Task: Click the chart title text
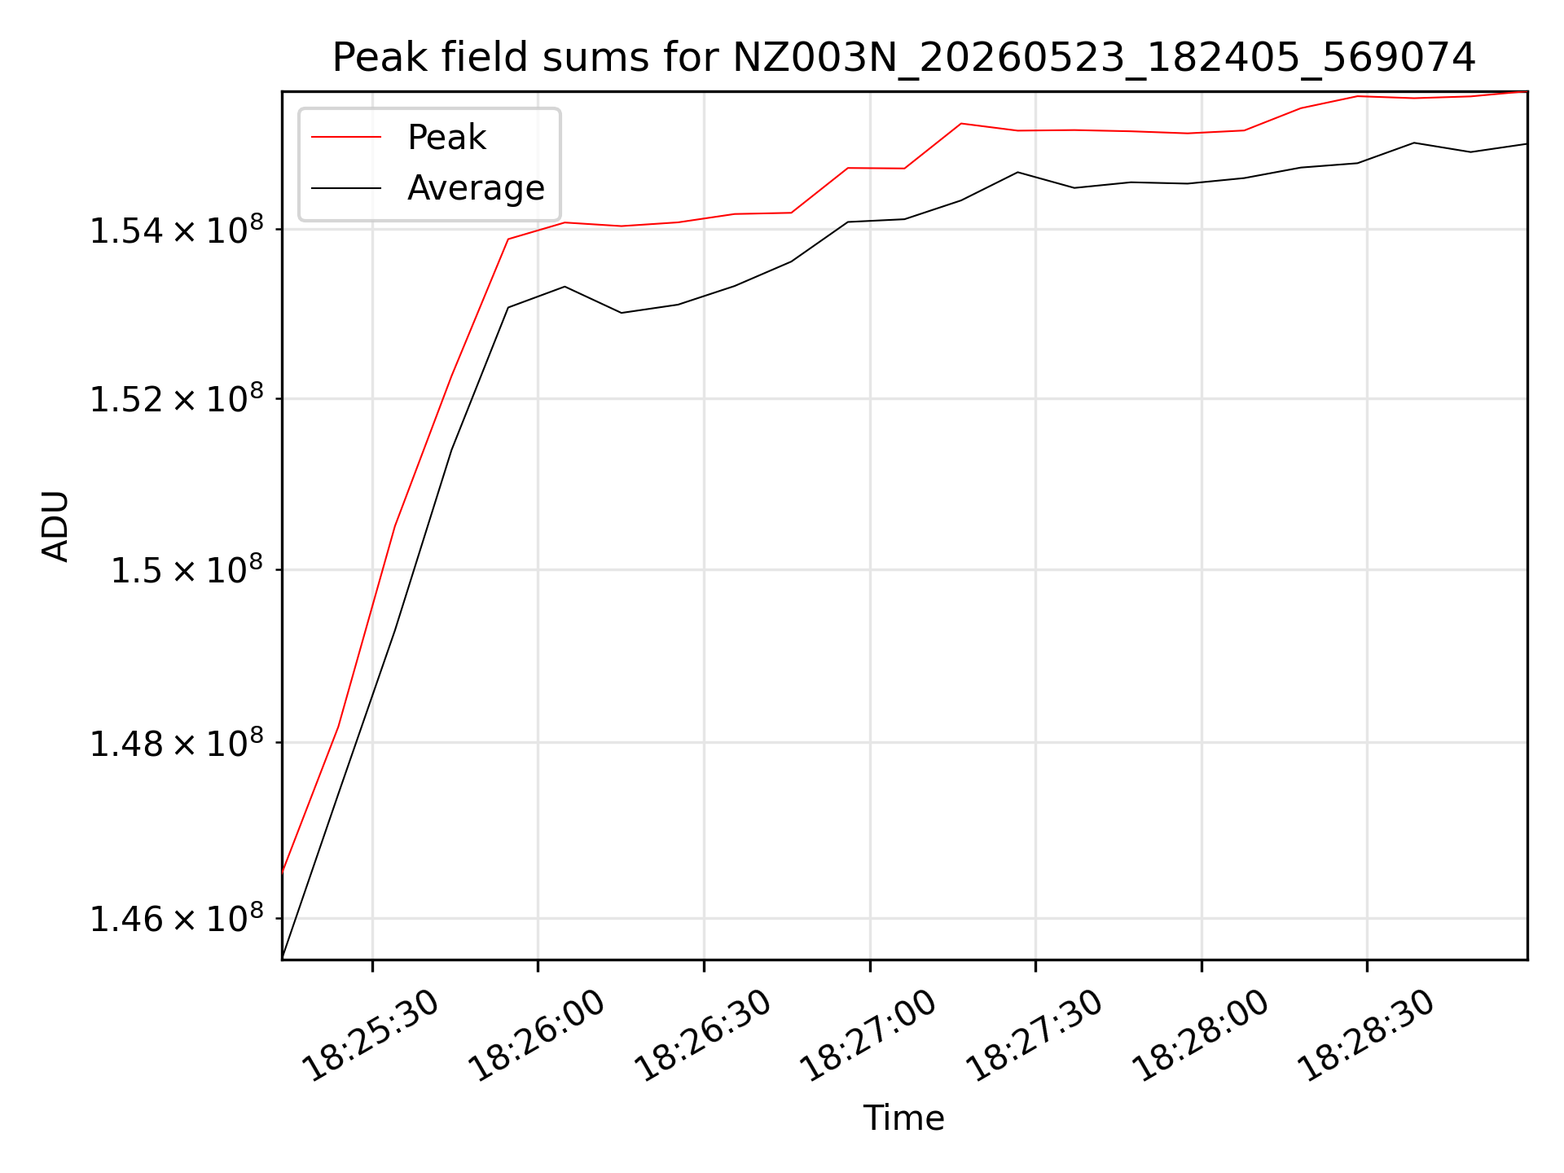(903, 58)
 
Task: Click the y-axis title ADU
(55, 526)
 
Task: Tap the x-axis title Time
(903, 1118)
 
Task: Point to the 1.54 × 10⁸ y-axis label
(177, 230)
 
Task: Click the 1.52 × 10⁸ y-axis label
(177, 399)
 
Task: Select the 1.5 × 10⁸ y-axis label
(187, 570)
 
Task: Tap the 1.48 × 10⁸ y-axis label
(177, 743)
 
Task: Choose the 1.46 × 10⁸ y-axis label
(177, 919)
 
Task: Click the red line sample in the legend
(346, 137)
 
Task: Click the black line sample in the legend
(346, 188)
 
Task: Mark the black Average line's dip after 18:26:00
(622, 313)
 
